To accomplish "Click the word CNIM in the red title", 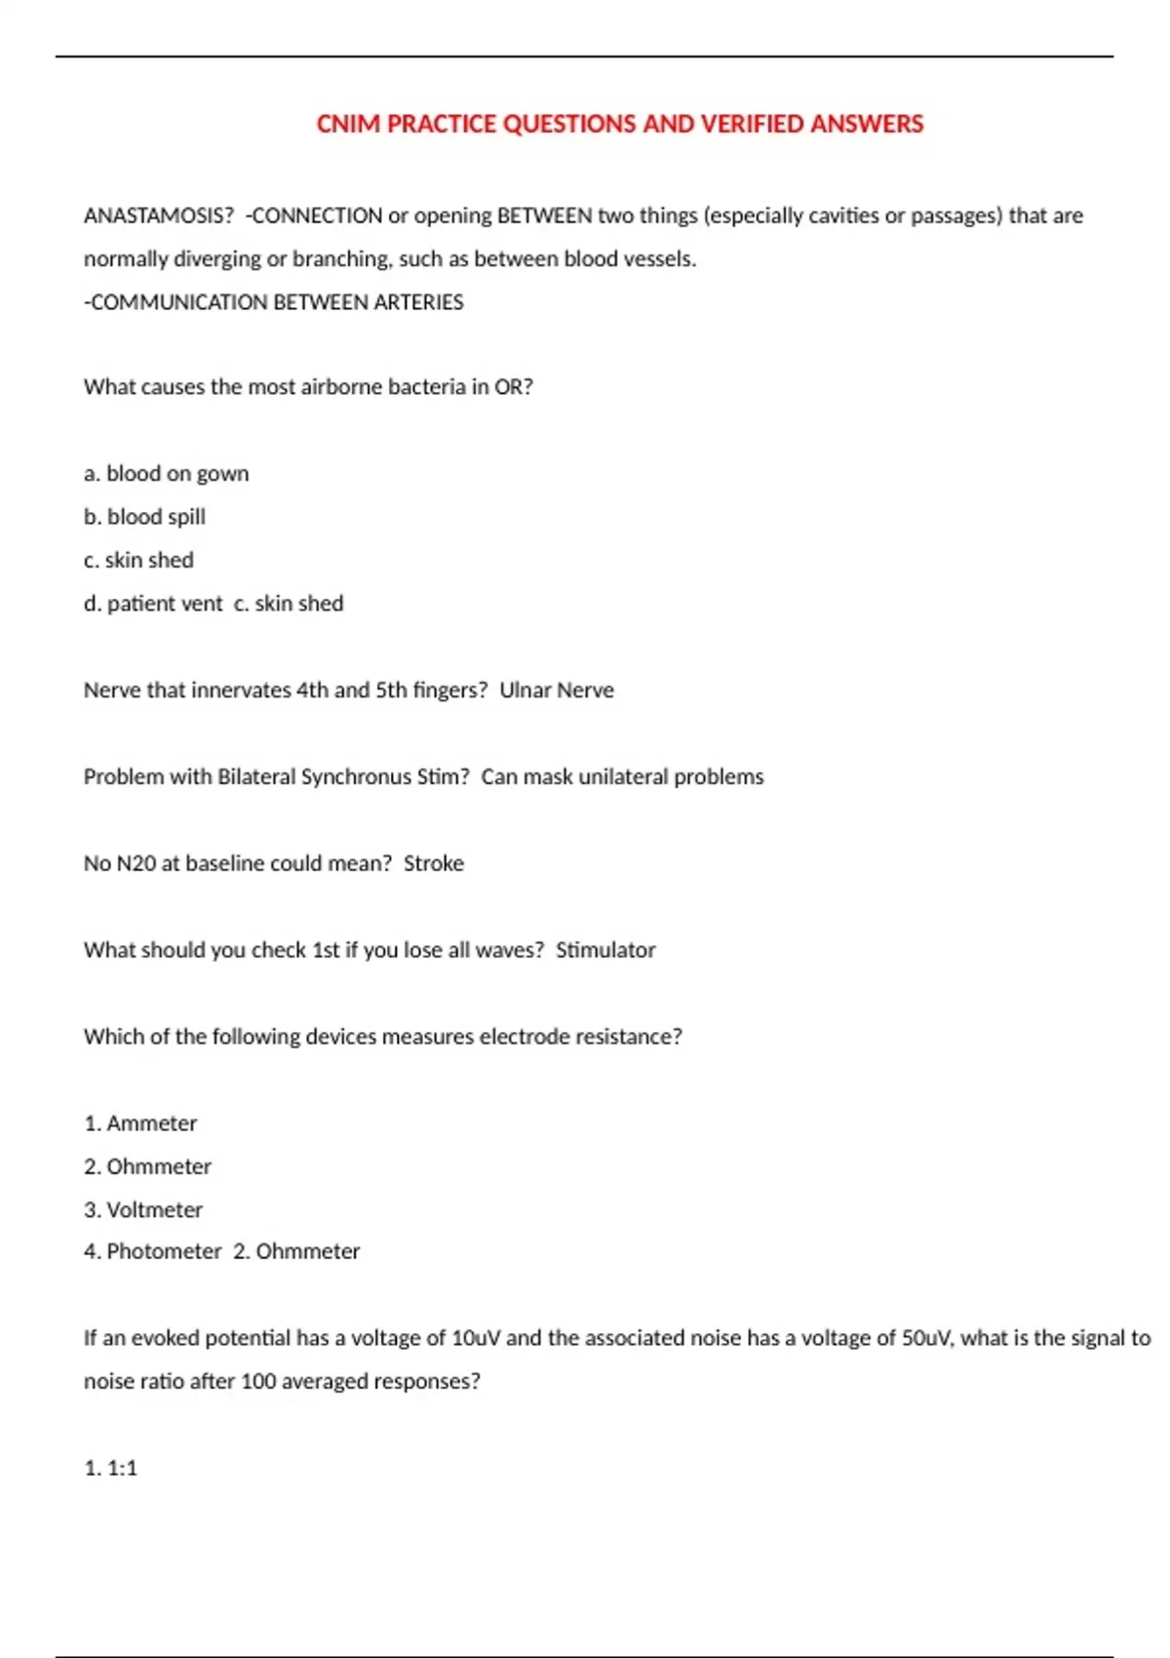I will click(348, 124).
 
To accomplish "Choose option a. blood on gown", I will click(167, 474).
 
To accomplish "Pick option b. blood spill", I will click(145, 517).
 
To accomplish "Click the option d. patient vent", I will click(153, 604).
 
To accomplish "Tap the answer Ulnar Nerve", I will click(557, 691).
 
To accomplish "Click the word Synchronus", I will click(356, 777).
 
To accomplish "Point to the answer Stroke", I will click(434, 863).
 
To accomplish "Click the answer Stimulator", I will click(605, 950).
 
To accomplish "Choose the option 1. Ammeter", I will click(140, 1124).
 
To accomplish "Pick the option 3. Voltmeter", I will click(143, 1210).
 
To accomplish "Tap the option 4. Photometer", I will click(153, 1251).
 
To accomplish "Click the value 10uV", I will click(476, 1338).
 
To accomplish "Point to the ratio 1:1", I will click(122, 1468).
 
